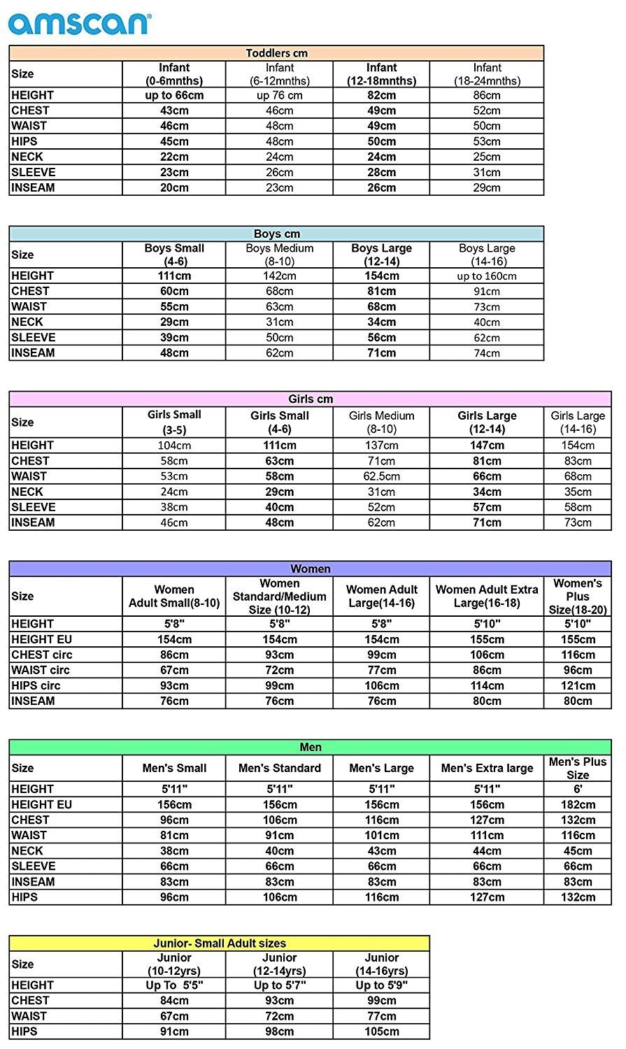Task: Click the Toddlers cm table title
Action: click(277, 53)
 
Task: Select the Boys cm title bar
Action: click(277, 234)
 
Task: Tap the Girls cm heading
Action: click(311, 399)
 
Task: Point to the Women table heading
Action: click(311, 569)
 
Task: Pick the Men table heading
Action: click(311, 747)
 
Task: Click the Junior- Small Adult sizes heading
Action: click(220, 943)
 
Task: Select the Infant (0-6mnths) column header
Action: click(174, 74)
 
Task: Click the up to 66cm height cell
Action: click(174, 95)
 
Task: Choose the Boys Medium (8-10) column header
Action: click(279, 255)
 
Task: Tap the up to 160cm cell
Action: click(487, 276)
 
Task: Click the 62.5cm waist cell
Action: click(381, 476)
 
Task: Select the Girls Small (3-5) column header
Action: click(174, 422)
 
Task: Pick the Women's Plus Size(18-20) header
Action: click(578, 596)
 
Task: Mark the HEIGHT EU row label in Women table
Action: click(42, 639)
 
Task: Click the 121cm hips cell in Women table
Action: click(578, 685)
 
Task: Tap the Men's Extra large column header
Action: click(487, 768)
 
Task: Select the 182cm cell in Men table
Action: click(578, 804)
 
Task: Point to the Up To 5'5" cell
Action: click(174, 985)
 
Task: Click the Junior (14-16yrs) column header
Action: click(381, 964)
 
